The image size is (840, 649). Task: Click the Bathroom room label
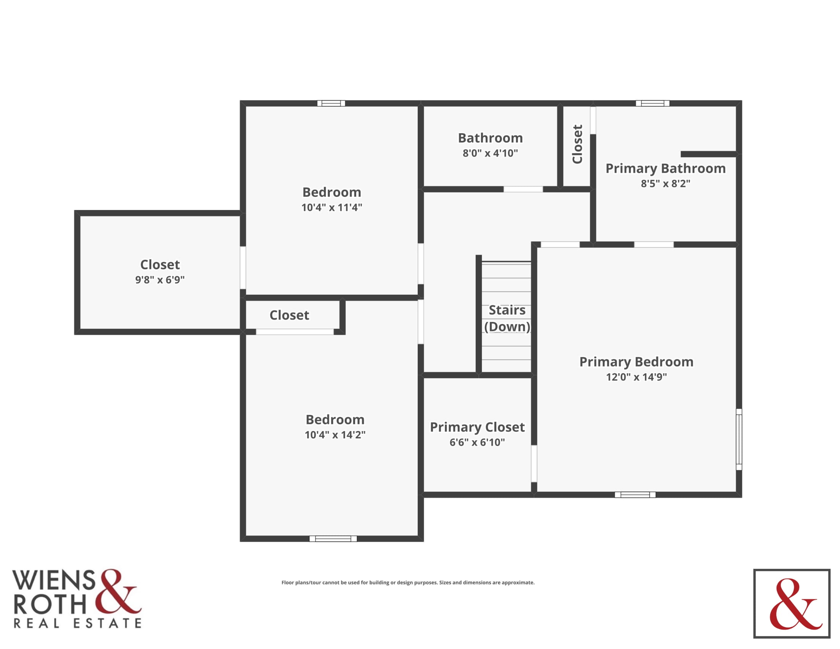[x=490, y=138]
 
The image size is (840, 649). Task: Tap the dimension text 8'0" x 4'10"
[x=490, y=153]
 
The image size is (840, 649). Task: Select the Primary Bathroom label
[x=666, y=168]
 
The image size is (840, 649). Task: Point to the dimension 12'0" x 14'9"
[x=636, y=377]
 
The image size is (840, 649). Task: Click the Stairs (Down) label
[x=507, y=318]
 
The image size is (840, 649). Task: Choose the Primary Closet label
[x=477, y=427]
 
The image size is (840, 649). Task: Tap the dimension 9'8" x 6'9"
[x=160, y=279]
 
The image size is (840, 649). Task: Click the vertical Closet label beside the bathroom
[x=577, y=144]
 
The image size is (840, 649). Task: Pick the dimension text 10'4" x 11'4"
[x=331, y=207]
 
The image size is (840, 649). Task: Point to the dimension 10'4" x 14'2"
[x=335, y=434]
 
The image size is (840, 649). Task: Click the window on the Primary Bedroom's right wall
[x=739, y=439]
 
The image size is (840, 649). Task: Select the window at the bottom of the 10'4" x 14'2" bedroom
[x=333, y=539]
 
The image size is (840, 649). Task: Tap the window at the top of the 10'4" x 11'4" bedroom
[x=331, y=103]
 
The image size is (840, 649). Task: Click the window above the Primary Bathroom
[x=653, y=103]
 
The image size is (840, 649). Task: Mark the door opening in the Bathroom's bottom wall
[x=523, y=189]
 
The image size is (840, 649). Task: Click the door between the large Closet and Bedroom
[x=243, y=268]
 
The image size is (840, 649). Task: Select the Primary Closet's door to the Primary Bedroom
[x=534, y=463]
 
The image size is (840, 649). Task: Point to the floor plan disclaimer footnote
[x=408, y=583]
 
